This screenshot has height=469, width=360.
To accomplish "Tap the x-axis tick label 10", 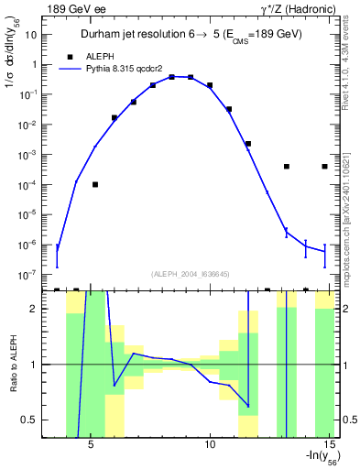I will click(210, 447).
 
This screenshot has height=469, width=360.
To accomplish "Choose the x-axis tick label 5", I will click(91, 447).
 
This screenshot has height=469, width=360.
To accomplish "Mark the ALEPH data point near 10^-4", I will click(95, 184).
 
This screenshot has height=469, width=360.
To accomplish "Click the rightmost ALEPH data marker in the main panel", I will click(325, 167).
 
